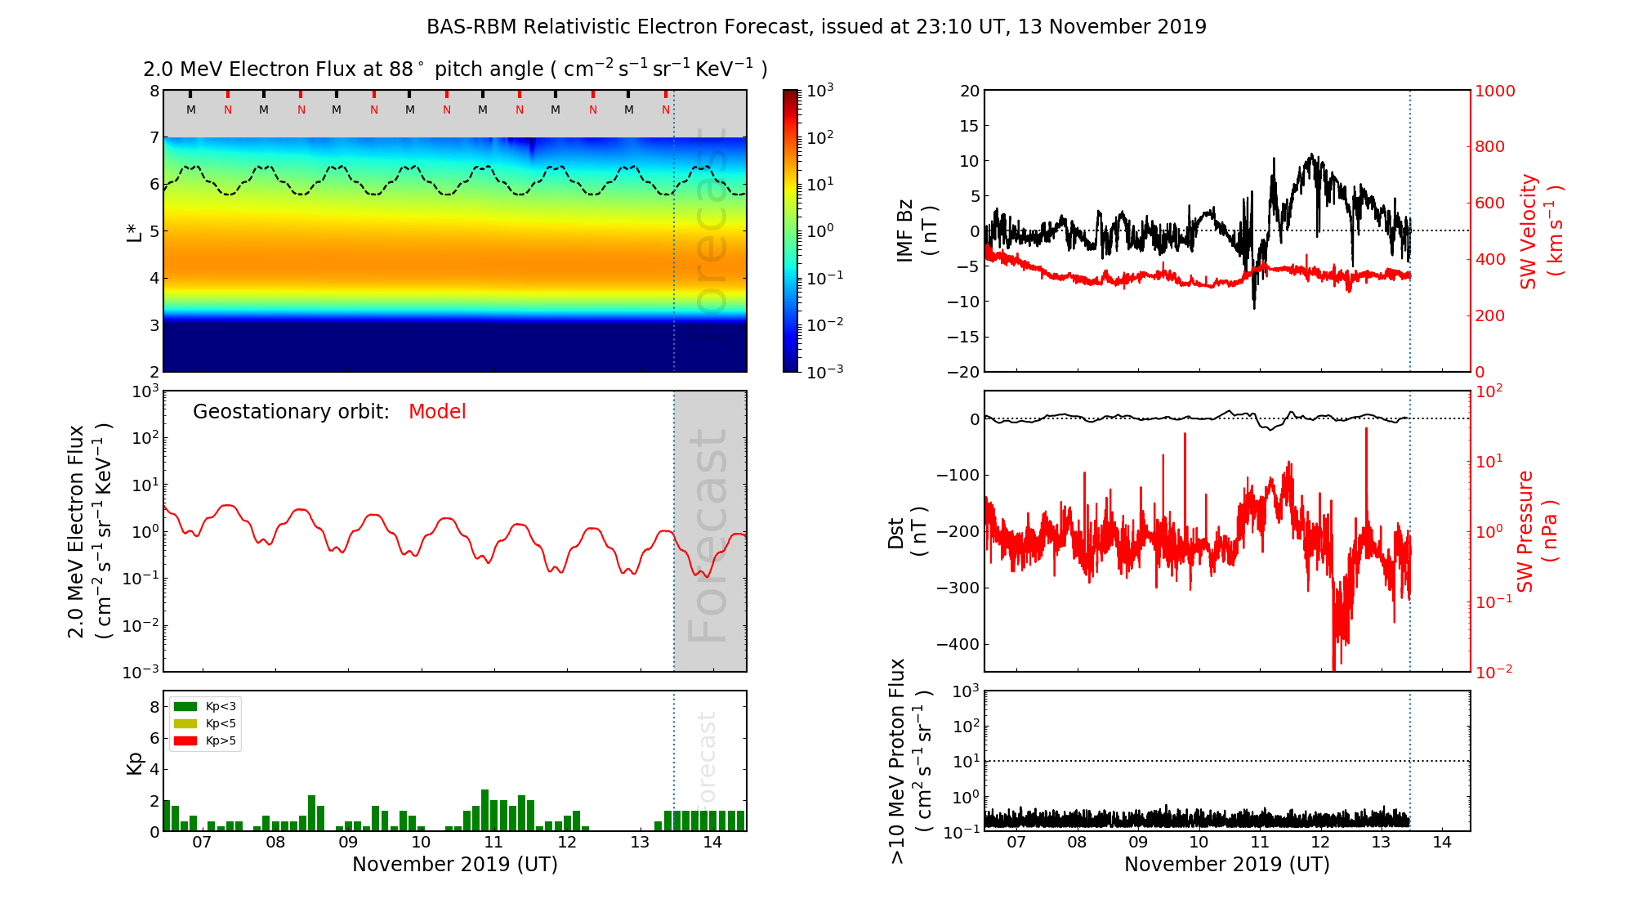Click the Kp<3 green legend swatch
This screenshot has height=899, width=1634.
point(185,706)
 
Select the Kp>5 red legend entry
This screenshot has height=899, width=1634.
point(204,741)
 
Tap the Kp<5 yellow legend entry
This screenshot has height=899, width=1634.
point(204,723)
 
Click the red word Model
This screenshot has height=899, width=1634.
point(437,412)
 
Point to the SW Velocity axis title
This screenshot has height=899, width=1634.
point(1541,231)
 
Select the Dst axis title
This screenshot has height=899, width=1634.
point(907,532)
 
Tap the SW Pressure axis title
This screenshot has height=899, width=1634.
point(1537,531)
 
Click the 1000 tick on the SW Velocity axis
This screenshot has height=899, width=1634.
point(1494,91)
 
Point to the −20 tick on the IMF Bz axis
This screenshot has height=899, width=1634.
point(963,372)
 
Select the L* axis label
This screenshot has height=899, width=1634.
point(134,231)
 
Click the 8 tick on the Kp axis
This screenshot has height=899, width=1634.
point(154,707)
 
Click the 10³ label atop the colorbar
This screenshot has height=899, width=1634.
point(820,91)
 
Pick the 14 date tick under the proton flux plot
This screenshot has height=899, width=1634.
point(1442,843)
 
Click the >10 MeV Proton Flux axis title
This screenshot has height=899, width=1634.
point(910,761)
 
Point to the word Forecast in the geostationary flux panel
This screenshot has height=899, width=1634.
point(708,535)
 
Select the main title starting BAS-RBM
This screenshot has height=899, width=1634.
point(816,27)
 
